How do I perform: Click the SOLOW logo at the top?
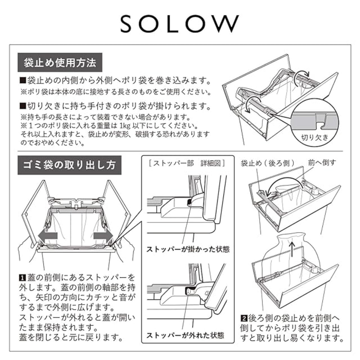click(x=180, y=24)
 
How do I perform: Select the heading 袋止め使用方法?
click(x=60, y=62)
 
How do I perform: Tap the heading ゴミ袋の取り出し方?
click(x=69, y=165)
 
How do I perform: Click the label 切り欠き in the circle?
click(x=315, y=138)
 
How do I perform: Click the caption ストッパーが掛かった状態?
click(x=188, y=249)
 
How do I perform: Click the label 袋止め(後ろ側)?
click(x=267, y=163)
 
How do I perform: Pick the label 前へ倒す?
click(x=322, y=163)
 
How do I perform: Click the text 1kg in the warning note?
click(x=124, y=126)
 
